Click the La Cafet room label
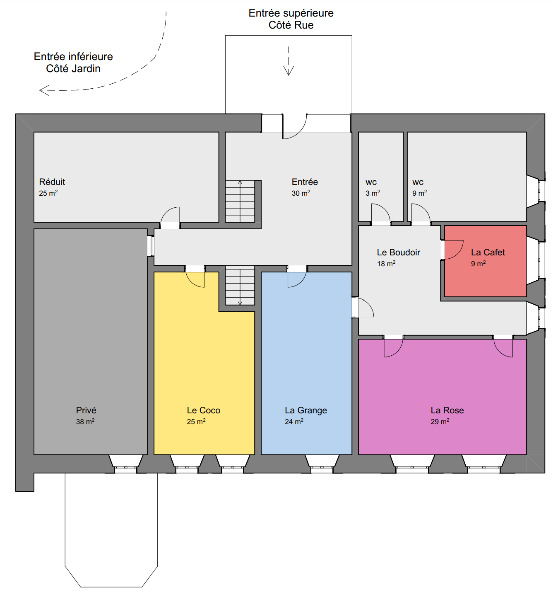pos(488,252)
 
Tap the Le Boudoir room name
pos(398,252)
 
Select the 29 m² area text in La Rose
pos(440,421)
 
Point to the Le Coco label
pos(204,410)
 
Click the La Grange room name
pos(306,410)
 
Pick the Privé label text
pos(86,410)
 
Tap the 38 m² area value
pos(85,421)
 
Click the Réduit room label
pos(52,182)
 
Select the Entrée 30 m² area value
pos(301,193)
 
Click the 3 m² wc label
pos(373,193)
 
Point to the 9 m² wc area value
pos(420,193)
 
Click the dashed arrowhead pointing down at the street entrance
pos(289,71)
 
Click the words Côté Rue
pos(291,25)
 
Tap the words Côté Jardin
pos(73,68)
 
